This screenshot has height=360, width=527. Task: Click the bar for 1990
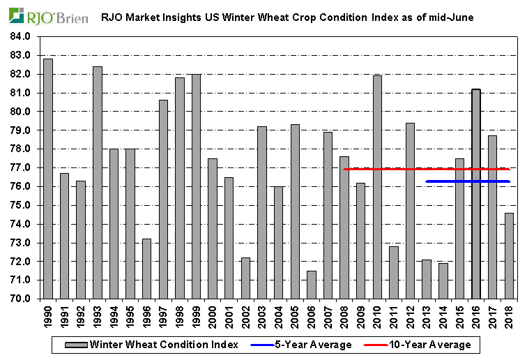pyautogui.click(x=48, y=179)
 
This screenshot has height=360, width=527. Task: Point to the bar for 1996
pyautogui.click(x=146, y=269)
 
